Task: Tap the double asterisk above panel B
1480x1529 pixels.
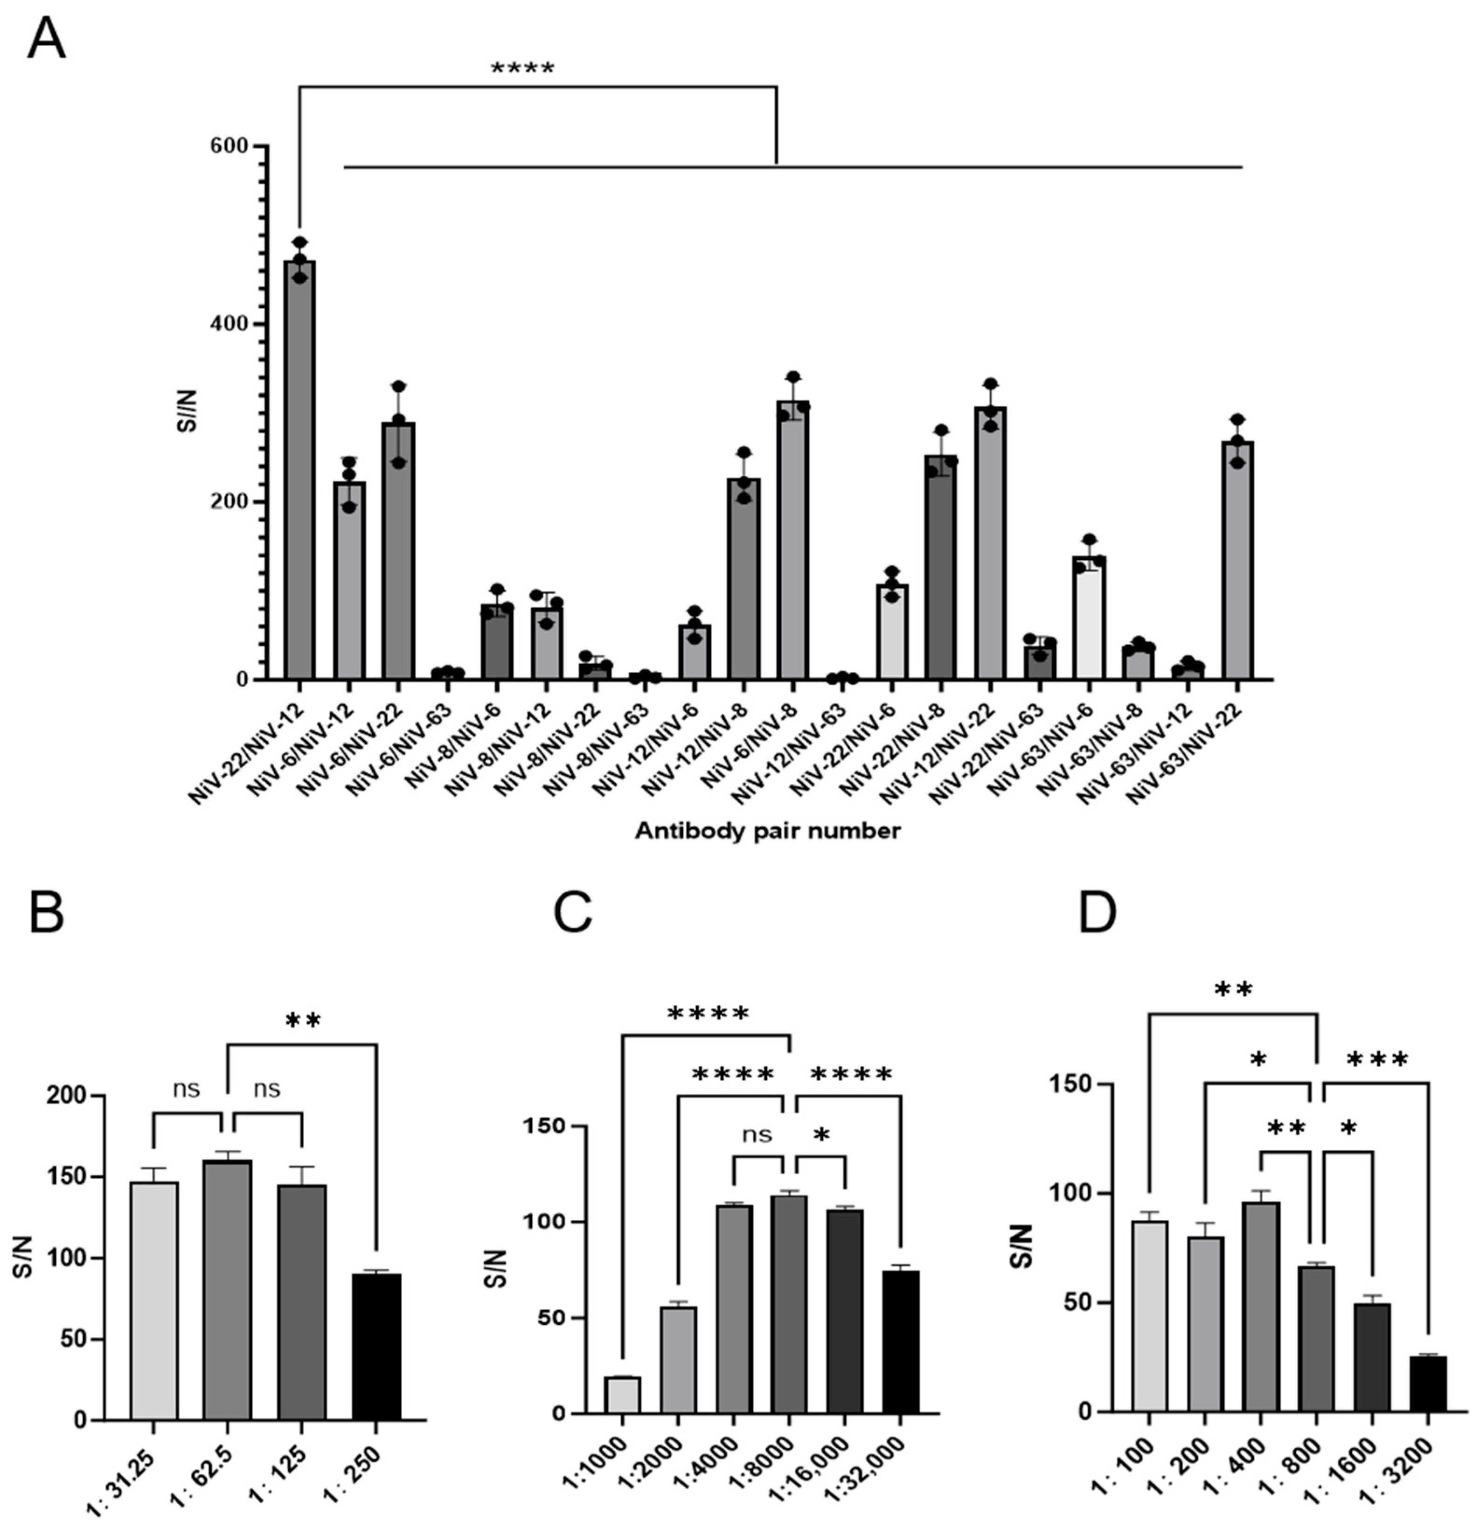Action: tap(303, 1021)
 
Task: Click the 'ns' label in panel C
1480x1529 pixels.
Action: tap(756, 1134)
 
